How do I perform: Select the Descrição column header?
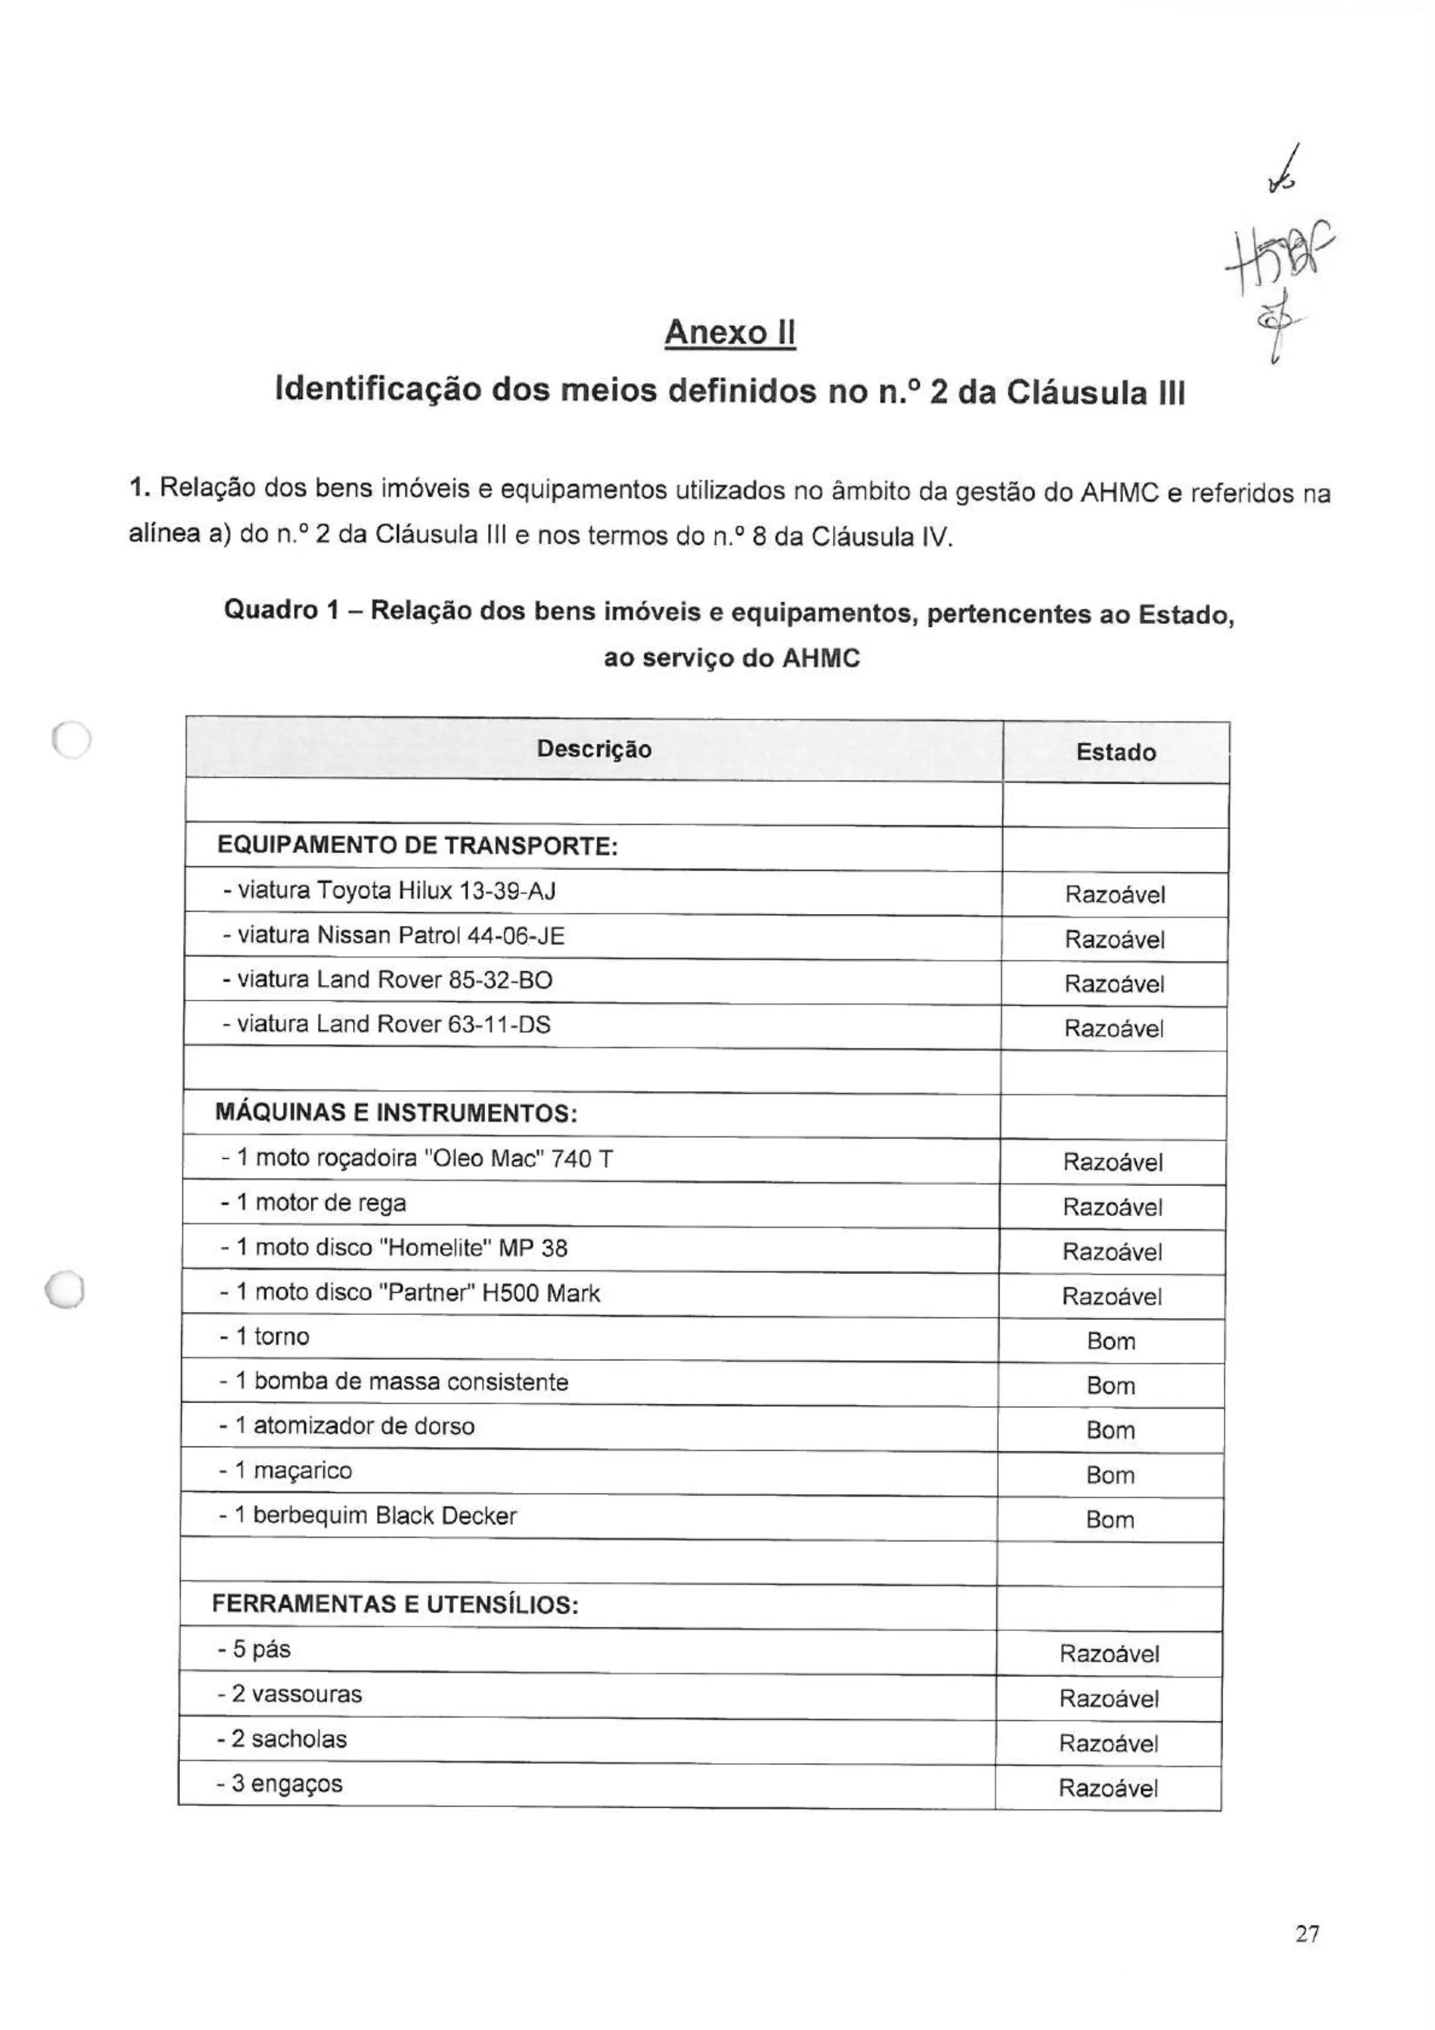point(593,750)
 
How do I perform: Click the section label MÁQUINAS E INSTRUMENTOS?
point(396,1113)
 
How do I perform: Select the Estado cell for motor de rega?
point(1112,1207)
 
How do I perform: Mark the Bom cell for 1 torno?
point(1110,1341)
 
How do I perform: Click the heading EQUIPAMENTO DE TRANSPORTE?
point(416,846)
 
